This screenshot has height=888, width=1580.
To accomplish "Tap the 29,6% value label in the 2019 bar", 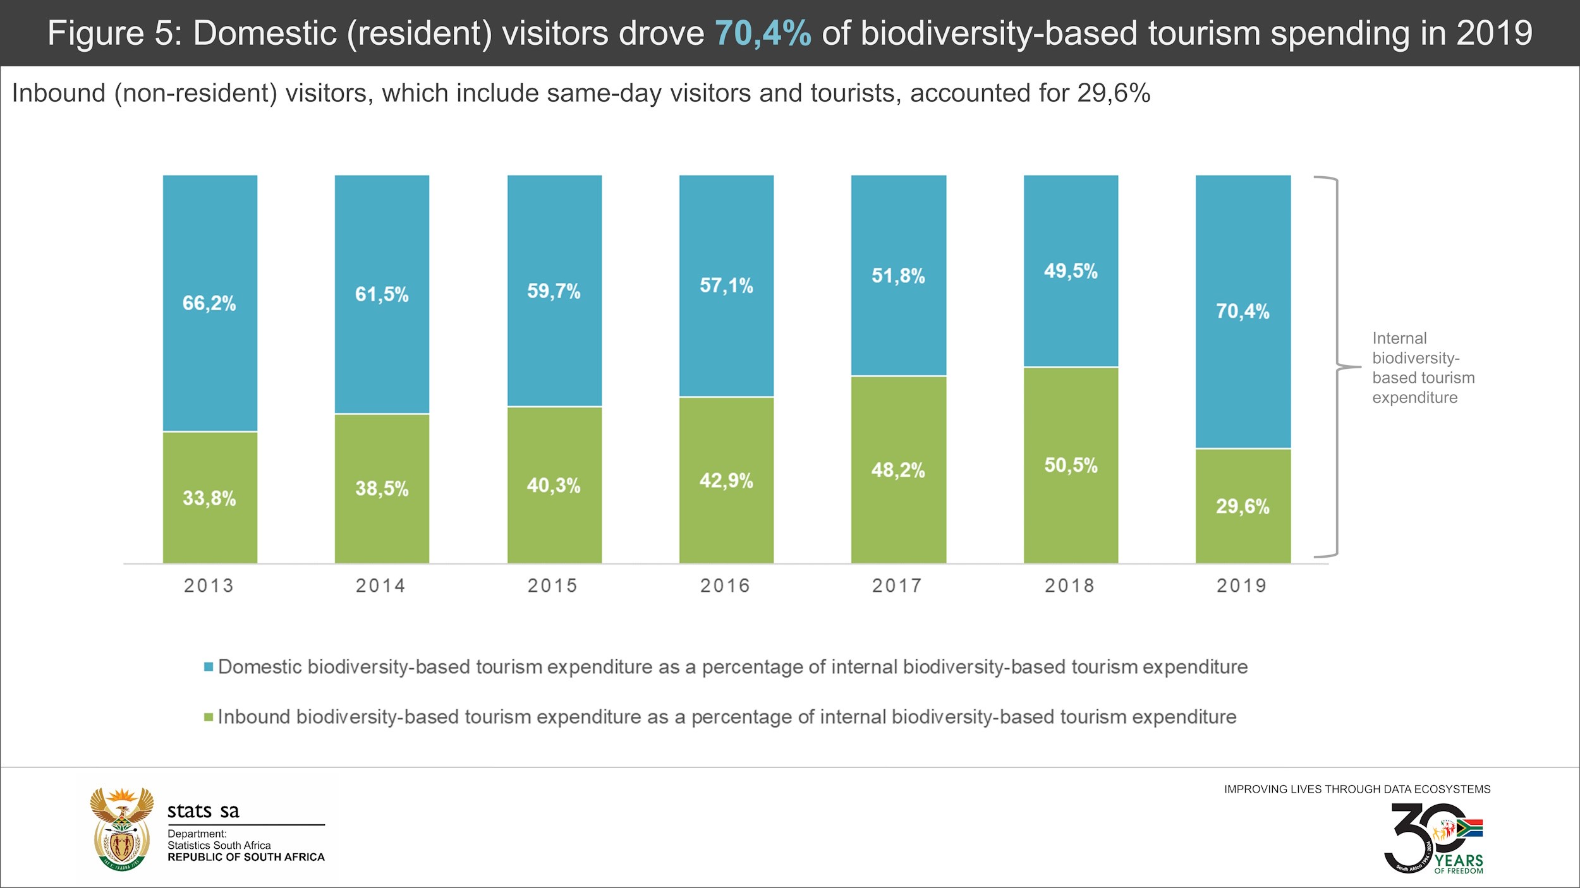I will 1243,506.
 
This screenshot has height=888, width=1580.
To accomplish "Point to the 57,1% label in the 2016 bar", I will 726,285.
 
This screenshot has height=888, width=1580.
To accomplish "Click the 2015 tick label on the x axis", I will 552,585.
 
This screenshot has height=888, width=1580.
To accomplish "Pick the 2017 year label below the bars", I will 897,585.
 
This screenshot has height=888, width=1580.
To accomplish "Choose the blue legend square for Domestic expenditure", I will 209,667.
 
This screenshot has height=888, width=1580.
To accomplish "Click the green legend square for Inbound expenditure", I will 209,717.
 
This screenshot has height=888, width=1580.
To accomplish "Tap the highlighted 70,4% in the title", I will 763,33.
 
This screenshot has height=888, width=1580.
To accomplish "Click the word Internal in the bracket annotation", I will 1399,339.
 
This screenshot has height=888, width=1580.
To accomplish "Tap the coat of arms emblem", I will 122,829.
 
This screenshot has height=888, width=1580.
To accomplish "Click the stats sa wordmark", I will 204,811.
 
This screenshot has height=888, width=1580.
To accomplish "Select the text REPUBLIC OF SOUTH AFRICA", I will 246,857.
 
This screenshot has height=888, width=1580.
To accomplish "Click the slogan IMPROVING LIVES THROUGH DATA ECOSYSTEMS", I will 1357,789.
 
